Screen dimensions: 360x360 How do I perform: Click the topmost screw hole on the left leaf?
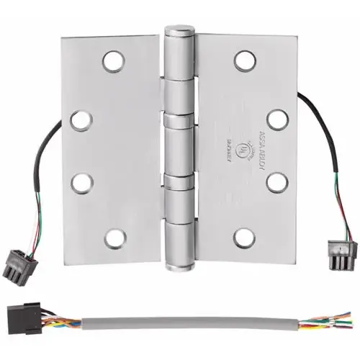[113, 62]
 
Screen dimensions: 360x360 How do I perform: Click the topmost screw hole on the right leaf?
[245, 61]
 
